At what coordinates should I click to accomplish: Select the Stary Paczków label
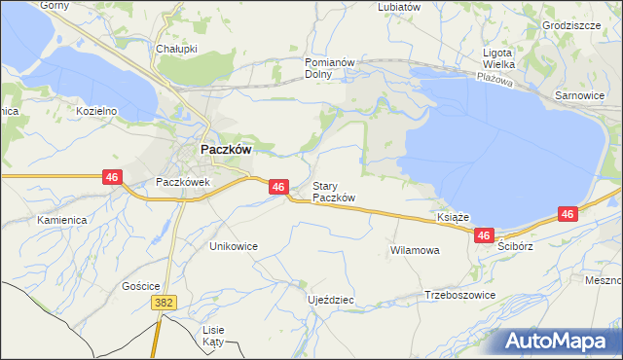[x=333, y=192]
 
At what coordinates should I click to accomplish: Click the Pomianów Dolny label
[x=326, y=67]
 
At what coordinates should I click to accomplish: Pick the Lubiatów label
[x=399, y=6]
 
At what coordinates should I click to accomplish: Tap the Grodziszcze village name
[x=571, y=25]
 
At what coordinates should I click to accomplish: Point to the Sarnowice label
[x=579, y=96]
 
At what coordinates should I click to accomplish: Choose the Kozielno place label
[x=96, y=111]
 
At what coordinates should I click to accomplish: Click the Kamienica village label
[x=62, y=220]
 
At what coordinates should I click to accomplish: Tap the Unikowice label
[x=234, y=246]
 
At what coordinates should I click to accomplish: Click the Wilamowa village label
[x=415, y=250]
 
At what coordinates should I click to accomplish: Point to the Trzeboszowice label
[x=460, y=295]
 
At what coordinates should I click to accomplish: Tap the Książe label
[x=455, y=217]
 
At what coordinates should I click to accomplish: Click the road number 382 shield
[x=164, y=304]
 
